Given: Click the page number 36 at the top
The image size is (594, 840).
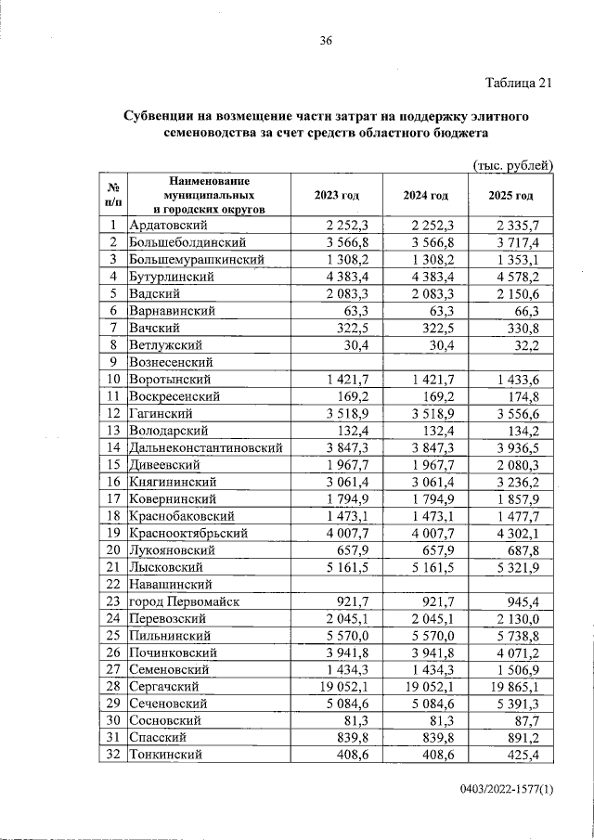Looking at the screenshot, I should click(x=326, y=40).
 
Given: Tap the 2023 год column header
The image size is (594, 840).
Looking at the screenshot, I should click(x=336, y=196).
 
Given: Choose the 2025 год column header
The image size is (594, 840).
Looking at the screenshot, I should click(x=511, y=196).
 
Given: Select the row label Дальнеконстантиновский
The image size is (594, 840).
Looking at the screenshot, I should click(x=205, y=447).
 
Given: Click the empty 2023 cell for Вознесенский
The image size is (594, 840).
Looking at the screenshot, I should click(x=336, y=362).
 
